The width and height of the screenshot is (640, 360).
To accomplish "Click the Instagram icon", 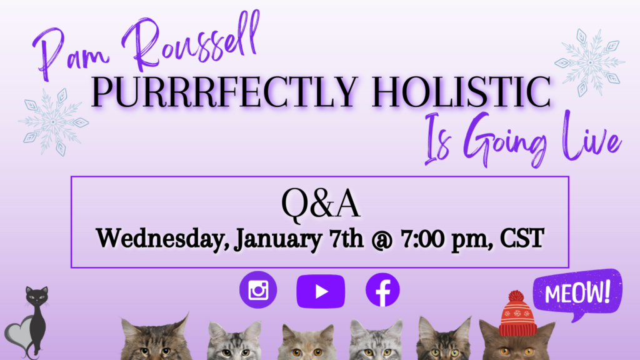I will pos(258,290).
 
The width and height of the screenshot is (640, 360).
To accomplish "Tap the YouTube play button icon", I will pos(321,291).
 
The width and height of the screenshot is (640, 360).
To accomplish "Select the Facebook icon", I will pos(382,291).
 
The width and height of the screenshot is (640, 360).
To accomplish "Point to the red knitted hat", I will pos(518,316).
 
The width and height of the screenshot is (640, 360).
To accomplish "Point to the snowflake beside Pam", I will pos(52,121).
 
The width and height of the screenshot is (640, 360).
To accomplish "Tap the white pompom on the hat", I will pos(516,296).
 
